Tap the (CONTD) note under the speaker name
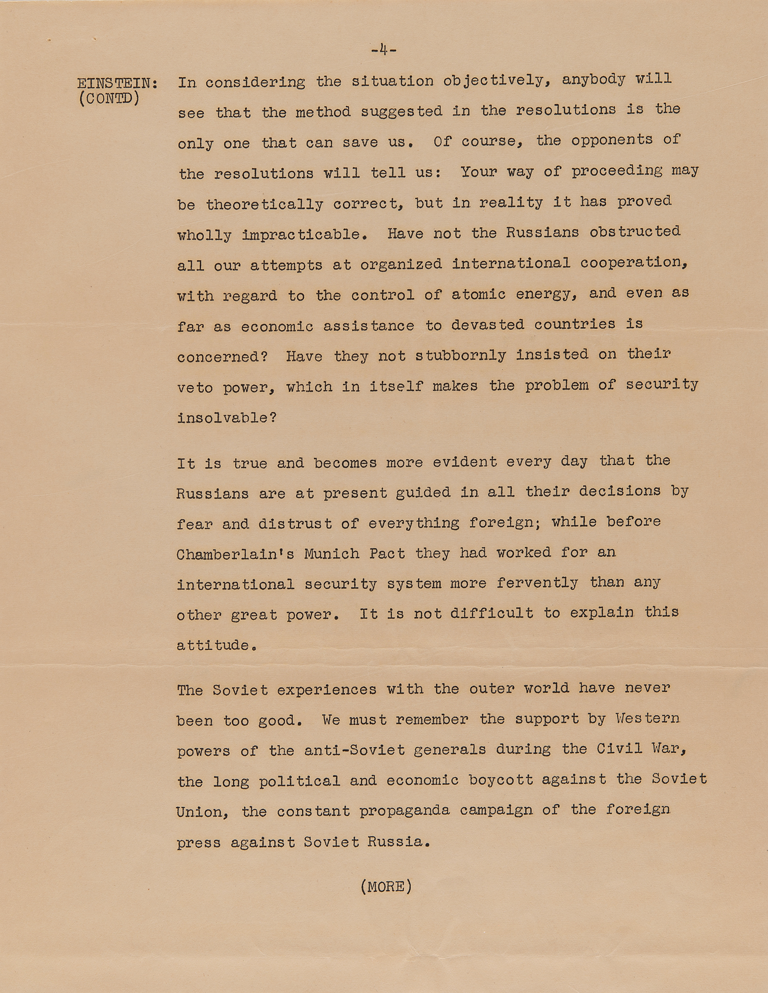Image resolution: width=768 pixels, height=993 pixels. click(x=109, y=98)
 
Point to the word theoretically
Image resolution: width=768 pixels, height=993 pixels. click(x=264, y=204)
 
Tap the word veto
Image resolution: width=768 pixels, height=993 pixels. click(x=195, y=388)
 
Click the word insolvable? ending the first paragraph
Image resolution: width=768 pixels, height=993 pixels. click(x=227, y=418)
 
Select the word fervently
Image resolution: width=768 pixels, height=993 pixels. click(x=537, y=583)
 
